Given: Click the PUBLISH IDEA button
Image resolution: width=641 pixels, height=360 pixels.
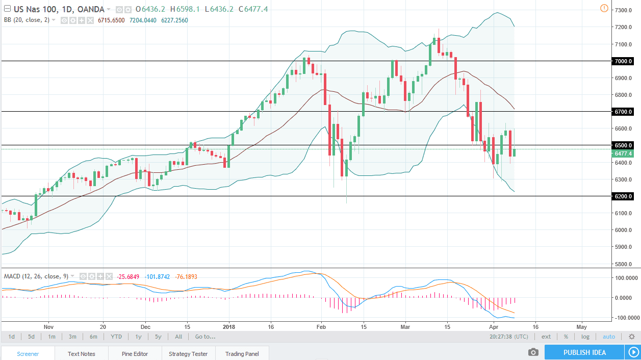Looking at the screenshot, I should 584,352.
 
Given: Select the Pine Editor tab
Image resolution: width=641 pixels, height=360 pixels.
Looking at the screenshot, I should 135,353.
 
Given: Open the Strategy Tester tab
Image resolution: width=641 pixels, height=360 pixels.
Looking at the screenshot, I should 188,353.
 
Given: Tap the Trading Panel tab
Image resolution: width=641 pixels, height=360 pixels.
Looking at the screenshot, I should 242,353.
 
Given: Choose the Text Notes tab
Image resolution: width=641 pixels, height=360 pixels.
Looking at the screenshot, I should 81,353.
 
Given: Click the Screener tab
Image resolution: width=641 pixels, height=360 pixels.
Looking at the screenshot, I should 28,353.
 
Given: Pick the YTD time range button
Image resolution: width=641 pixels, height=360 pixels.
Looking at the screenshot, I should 116,337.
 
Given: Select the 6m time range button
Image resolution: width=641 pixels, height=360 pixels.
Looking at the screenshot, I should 94,337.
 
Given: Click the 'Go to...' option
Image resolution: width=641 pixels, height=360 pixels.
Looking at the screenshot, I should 205,337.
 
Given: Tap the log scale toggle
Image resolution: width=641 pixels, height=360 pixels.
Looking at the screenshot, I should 585,337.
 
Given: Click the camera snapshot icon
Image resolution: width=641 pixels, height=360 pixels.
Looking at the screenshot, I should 533,352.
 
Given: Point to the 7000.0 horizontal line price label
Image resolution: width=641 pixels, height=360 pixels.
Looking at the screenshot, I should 625,61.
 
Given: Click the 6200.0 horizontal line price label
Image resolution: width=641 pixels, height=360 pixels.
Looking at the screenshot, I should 625,196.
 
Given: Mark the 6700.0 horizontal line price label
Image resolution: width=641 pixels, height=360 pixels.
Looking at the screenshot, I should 625,112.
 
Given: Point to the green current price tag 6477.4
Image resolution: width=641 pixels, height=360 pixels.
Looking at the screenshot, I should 625,153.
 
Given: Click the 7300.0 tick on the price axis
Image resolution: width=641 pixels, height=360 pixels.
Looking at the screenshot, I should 625,10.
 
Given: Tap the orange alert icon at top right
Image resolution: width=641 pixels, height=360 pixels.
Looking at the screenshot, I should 604,8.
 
